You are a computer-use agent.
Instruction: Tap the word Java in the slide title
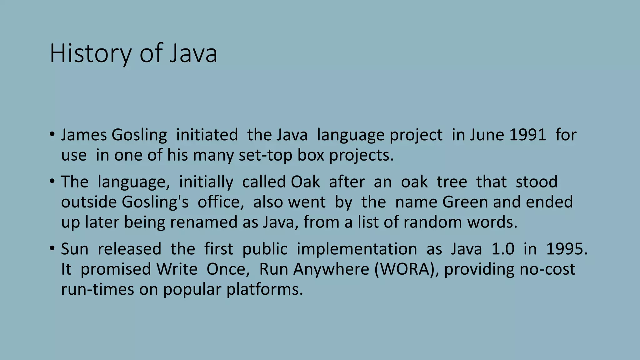coord(193,53)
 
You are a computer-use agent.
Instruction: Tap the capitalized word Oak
coord(305,182)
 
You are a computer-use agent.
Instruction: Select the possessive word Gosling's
coord(155,202)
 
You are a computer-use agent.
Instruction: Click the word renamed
coord(204,222)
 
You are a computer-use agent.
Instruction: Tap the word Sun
coord(74,249)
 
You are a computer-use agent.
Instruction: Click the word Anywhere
coord(331,269)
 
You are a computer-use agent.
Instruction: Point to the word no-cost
coord(547,269)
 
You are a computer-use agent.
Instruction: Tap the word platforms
coord(264,289)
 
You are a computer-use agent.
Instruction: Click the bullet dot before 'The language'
coord(52,181)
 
